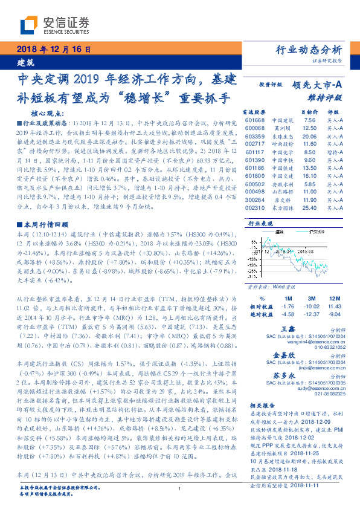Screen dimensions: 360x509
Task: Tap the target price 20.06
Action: point(309,137)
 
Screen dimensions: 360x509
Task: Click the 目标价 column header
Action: point(309,112)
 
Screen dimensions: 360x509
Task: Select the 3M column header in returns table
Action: point(311,299)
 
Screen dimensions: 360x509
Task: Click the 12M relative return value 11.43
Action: point(335,306)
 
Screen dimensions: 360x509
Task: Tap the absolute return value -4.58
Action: point(288,314)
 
